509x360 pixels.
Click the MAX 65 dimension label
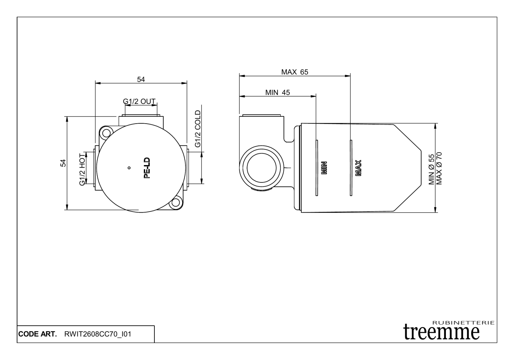(295, 72)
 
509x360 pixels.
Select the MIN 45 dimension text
(278, 92)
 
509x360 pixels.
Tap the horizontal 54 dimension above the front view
(141, 79)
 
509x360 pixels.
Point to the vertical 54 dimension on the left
(63, 163)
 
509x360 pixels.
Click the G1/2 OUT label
(139, 101)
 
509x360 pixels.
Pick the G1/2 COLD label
(197, 129)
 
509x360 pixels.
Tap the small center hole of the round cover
(129, 167)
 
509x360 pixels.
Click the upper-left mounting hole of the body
(106, 132)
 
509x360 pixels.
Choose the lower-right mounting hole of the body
(175, 203)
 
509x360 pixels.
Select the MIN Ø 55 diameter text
(432, 169)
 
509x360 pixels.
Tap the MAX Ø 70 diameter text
(439, 168)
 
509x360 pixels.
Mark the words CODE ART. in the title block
(37, 334)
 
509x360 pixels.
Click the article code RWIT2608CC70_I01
(97, 334)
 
